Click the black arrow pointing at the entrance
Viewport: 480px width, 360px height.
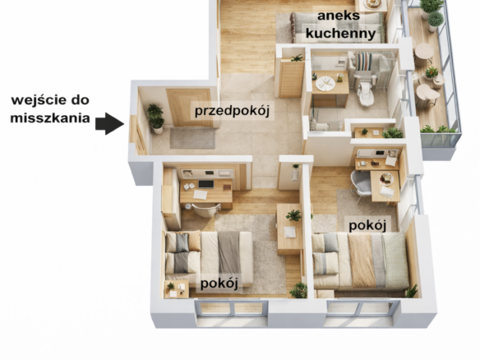(x=109, y=123)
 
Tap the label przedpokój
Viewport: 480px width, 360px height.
(x=232, y=110)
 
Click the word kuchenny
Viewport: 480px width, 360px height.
(x=340, y=33)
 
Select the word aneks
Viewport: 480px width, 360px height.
(x=339, y=16)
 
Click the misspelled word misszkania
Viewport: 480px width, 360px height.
(x=50, y=118)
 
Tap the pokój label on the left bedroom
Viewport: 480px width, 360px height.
(x=219, y=284)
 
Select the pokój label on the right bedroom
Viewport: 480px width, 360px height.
(x=367, y=225)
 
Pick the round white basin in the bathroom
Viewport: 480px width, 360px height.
(x=325, y=83)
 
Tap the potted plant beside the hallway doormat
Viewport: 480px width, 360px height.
(x=156, y=119)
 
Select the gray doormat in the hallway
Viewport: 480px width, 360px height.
(x=192, y=139)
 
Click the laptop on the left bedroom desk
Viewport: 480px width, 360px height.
(x=206, y=184)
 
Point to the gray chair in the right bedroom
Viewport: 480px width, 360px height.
(x=361, y=182)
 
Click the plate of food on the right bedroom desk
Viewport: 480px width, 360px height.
(x=386, y=179)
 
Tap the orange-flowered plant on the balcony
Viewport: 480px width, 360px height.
(x=432, y=73)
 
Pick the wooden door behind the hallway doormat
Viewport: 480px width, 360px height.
(x=190, y=108)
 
